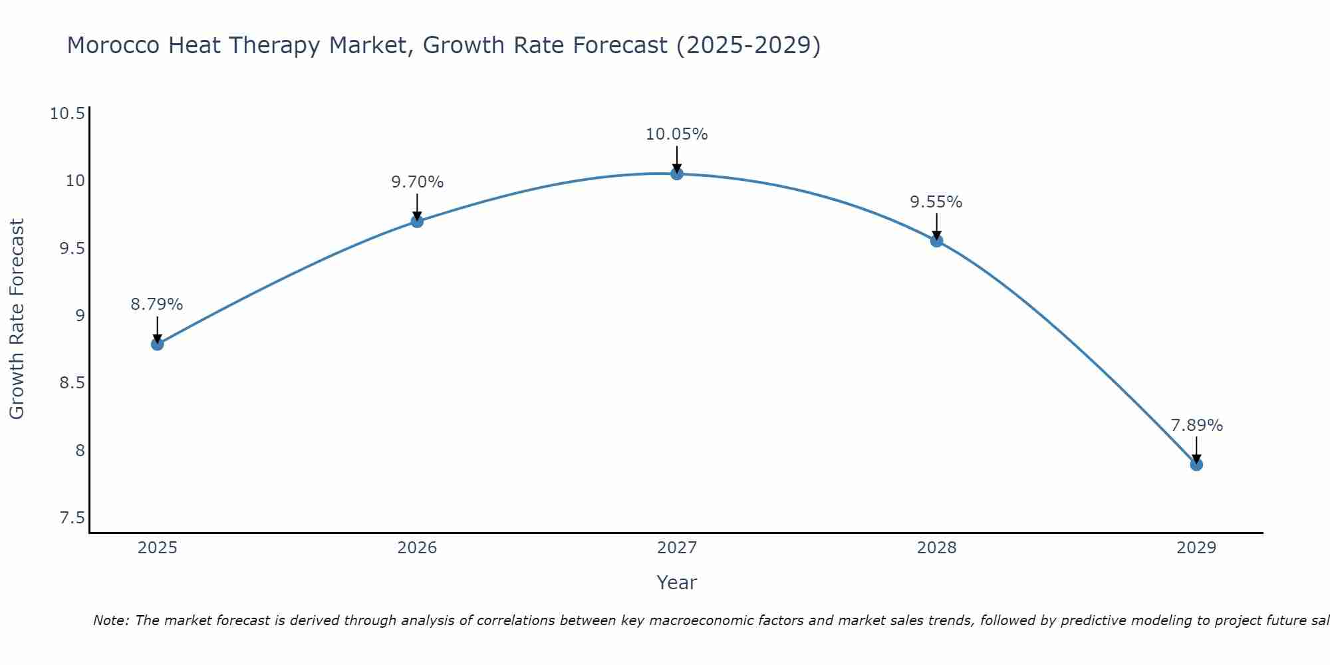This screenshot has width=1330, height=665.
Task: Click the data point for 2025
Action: tap(157, 344)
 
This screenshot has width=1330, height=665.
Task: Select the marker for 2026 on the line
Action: tap(417, 221)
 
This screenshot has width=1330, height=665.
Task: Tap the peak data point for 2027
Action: tap(677, 174)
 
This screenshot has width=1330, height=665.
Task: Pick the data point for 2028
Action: tap(936, 241)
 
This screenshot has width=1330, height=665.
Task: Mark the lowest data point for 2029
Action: tap(1196, 464)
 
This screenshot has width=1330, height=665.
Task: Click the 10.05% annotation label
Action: tap(677, 134)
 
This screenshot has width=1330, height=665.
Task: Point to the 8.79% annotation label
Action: tap(157, 305)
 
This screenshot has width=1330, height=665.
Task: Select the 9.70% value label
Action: tap(417, 182)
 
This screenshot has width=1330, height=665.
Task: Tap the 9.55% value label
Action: tap(936, 202)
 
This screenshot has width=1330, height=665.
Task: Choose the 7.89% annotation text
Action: tap(1196, 426)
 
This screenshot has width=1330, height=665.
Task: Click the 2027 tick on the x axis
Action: tap(677, 548)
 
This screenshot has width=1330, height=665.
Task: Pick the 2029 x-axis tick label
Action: tap(1196, 548)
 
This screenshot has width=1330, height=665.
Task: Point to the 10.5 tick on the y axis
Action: tap(68, 114)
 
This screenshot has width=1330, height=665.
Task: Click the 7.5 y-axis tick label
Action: tap(72, 518)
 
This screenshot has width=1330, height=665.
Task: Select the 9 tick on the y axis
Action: tap(80, 315)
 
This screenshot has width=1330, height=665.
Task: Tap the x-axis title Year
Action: tap(677, 583)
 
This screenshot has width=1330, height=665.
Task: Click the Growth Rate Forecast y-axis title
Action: tap(17, 319)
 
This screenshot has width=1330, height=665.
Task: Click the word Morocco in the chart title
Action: tap(114, 46)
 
